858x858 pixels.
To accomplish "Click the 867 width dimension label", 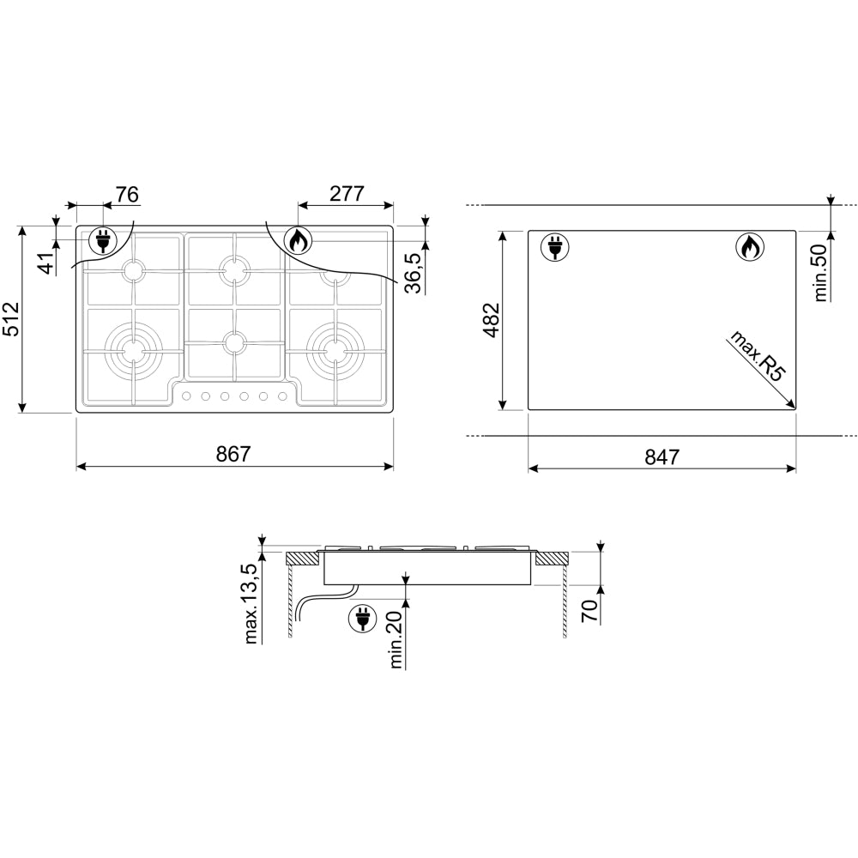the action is click(x=233, y=454).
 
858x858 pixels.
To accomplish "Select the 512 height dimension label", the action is click(x=11, y=319).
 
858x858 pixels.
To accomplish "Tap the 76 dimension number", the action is click(x=127, y=194).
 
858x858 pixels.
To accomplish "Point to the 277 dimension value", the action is click(x=347, y=194).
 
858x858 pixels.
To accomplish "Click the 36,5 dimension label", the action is click(x=414, y=273).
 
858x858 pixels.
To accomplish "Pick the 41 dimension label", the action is click(x=47, y=263).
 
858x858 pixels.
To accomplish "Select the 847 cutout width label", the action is click(x=662, y=456).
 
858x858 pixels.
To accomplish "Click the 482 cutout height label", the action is click(x=492, y=320).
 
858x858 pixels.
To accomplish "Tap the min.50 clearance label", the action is click(x=820, y=273).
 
